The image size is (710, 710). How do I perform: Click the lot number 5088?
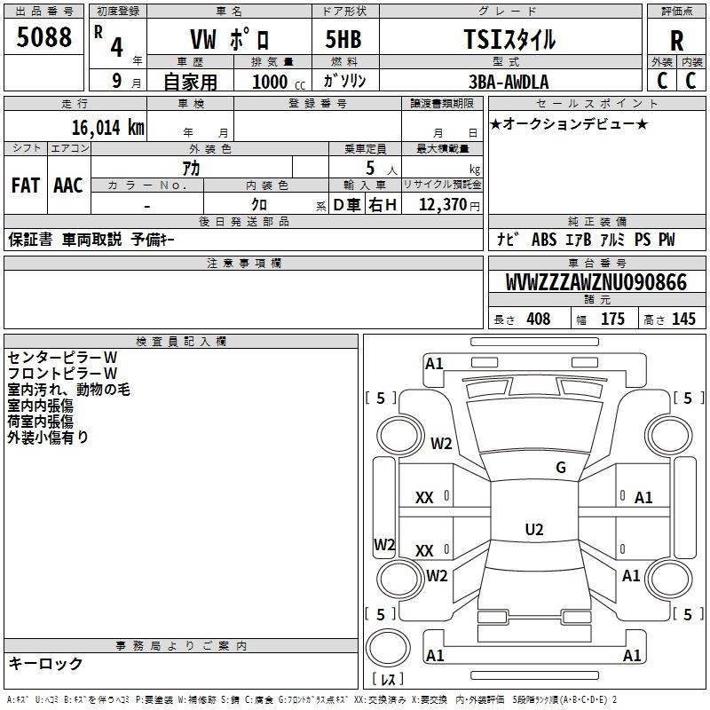point(43,37)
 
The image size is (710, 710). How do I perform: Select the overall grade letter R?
point(676,41)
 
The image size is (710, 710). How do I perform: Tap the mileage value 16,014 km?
point(108,128)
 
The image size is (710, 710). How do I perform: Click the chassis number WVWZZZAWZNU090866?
point(596,282)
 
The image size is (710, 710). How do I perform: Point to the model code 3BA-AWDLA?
point(509,82)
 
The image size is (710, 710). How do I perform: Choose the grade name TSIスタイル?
point(509,40)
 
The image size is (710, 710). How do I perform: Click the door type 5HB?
point(343,39)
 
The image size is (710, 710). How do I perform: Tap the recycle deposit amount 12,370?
point(442,205)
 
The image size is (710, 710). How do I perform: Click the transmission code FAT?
point(26,185)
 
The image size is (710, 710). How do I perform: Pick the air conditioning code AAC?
point(68,185)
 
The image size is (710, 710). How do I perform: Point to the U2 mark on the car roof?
point(534,529)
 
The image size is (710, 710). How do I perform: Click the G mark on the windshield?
point(561,468)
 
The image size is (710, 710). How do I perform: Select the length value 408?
point(539,319)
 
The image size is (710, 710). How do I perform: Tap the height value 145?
point(683,319)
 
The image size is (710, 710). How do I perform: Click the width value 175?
point(612,319)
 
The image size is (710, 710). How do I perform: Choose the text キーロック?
point(45,663)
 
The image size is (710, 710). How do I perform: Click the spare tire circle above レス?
point(388,648)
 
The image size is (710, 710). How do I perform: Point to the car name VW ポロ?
point(230,39)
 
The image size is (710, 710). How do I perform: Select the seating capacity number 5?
point(370,168)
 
